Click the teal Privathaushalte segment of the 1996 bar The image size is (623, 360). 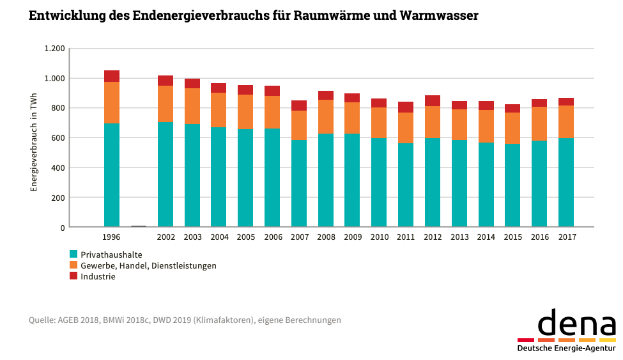112,175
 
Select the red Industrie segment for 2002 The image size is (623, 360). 165,81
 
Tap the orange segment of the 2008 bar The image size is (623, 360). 326,116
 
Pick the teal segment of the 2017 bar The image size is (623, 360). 566,182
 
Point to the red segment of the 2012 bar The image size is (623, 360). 433,100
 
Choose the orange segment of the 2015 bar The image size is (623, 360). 512,128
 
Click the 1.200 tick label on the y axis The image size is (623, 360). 54,49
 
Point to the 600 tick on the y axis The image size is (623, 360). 58,138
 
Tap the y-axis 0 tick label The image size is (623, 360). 63,228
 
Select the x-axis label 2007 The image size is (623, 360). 299,237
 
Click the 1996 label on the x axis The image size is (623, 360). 112,237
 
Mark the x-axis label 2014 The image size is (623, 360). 486,237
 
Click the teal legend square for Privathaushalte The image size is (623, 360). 73,254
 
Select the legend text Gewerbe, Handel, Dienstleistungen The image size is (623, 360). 148,265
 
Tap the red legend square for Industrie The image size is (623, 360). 73,276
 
